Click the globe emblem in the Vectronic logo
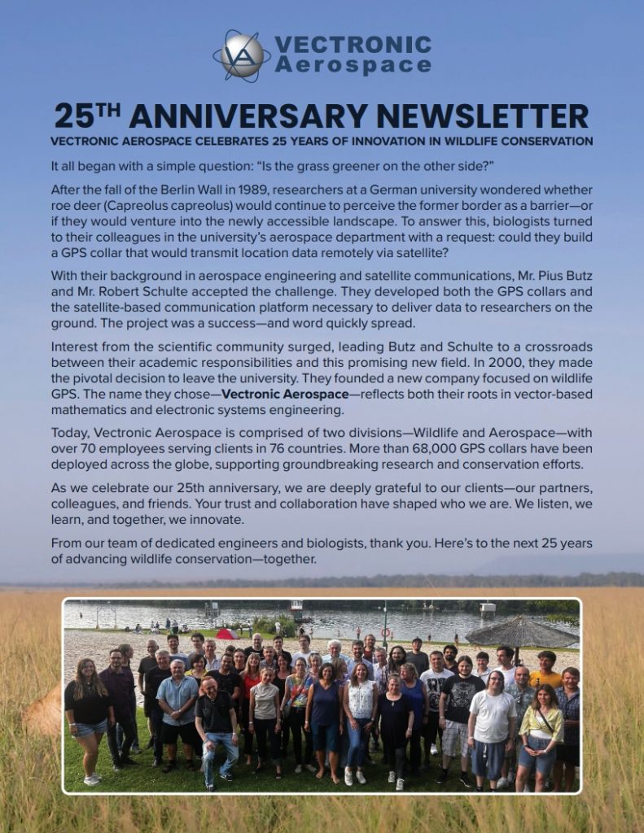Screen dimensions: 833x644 click(242, 55)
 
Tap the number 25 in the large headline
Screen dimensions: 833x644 click(75, 116)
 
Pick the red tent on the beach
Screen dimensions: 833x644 click(226, 634)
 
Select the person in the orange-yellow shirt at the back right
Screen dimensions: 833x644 click(545, 670)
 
